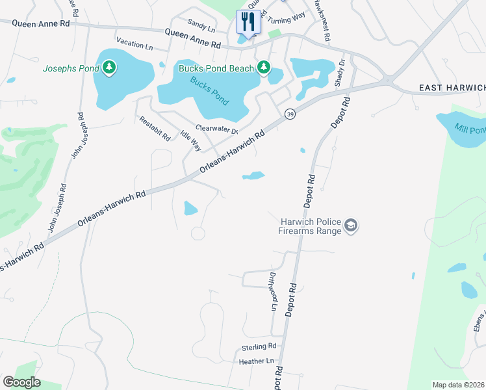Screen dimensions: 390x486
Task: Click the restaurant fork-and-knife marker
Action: coord(248,21)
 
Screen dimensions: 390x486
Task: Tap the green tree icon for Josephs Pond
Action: coord(109,68)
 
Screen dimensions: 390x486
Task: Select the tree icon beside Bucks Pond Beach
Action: coord(263,67)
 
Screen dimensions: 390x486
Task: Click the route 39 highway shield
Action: coord(289,114)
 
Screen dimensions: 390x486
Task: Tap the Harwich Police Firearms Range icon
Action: coord(352,226)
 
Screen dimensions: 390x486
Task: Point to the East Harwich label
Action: coord(452,88)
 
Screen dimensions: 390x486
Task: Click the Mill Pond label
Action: coord(470,129)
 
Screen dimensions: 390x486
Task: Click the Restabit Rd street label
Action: coord(153,129)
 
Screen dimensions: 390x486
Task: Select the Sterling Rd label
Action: coord(259,346)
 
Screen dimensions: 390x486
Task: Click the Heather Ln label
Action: coord(257,361)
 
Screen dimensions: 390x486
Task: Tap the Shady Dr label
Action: coord(339,73)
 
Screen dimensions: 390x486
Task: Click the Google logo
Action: coord(21,382)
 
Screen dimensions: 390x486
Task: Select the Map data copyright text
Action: coord(458,385)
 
